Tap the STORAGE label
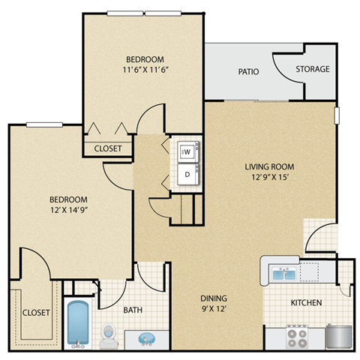pos(312,69)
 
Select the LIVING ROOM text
pos(268,166)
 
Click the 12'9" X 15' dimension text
pos(268,178)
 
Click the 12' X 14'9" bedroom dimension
pos(68,211)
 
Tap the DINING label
pos(214,295)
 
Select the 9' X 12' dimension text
pos(214,307)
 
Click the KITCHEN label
pos(306,303)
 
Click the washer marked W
pos(187,151)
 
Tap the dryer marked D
pos(187,173)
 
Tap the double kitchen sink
pos(284,274)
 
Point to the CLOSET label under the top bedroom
pos(108,148)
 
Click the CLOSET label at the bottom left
pos(35,312)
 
